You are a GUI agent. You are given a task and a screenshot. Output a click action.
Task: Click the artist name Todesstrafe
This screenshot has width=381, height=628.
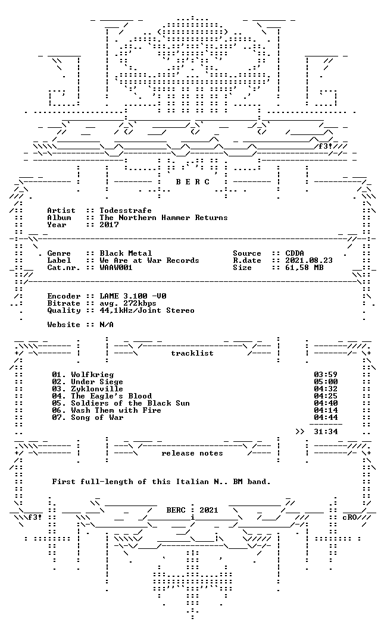[x=126, y=211]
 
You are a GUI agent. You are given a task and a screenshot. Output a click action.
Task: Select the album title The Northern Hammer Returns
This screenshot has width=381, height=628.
[x=164, y=218]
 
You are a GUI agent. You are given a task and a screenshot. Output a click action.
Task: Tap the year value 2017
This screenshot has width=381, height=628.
[x=109, y=225]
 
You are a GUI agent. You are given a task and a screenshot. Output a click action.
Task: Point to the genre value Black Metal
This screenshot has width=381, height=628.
[x=126, y=253]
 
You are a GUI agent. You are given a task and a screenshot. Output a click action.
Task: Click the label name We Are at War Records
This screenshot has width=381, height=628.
[x=149, y=260]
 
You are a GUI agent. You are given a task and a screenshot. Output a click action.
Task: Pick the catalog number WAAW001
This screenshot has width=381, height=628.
[x=116, y=268]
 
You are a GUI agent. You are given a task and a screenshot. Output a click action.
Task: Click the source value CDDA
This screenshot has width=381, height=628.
[x=295, y=253]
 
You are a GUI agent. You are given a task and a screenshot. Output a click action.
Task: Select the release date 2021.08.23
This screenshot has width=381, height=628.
[x=309, y=260]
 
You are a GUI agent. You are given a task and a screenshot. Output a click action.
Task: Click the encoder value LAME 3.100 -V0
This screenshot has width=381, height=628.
[x=133, y=296]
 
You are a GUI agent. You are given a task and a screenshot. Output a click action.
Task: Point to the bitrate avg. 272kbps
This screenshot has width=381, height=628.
[x=128, y=303]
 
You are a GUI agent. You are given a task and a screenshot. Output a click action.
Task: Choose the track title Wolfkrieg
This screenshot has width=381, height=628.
[x=92, y=375]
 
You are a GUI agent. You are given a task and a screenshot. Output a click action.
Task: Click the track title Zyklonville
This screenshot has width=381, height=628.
[x=97, y=389]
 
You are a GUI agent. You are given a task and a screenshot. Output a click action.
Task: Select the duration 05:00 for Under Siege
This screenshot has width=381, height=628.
[x=326, y=382]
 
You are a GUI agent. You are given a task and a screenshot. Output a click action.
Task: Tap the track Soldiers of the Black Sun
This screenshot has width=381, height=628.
[x=130, y=403]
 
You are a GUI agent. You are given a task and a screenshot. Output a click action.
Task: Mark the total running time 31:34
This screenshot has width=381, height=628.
[x=326, y=432]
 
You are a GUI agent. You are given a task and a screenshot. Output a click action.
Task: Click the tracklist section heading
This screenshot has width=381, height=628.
[x=192, y=353]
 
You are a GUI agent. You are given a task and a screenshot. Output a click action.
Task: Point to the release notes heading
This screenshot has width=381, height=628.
[x=192, y=453]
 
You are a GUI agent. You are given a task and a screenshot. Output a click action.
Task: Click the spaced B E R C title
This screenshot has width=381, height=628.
[x=192, y=182]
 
